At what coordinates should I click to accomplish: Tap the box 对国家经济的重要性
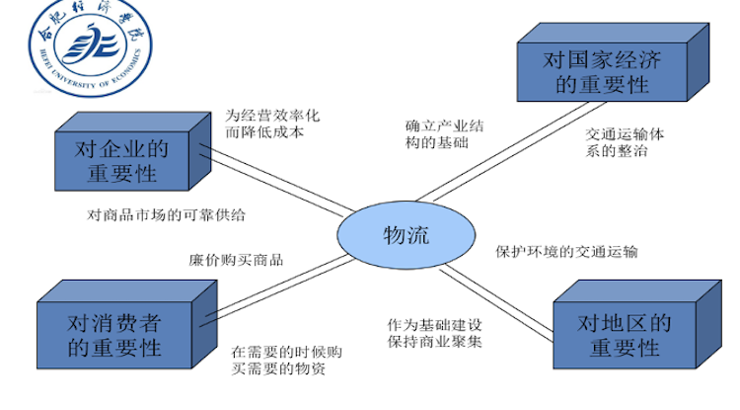pos(602,72)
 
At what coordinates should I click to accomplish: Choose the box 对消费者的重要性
pos(114,335)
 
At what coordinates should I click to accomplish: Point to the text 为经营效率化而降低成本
pos(271,123)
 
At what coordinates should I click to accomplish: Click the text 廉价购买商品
pos(236,261)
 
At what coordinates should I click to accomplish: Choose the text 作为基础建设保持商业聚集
pos(435,333)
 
